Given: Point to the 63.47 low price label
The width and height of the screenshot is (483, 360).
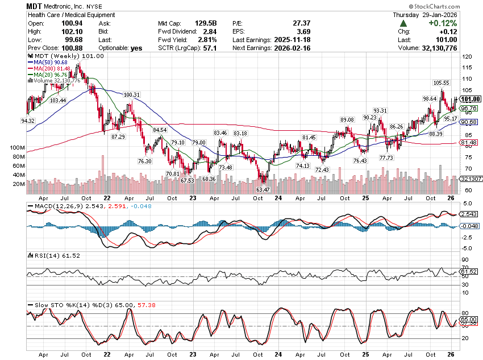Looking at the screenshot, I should (x=263, y=189).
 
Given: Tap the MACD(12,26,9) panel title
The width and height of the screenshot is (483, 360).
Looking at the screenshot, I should (x=55, y=205).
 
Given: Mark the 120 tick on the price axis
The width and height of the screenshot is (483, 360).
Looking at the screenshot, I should (x=467, y=57).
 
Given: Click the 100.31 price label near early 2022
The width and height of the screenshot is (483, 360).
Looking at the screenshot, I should (x=131, y=94).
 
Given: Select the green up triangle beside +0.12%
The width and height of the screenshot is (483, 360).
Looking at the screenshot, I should (x=403, y=23).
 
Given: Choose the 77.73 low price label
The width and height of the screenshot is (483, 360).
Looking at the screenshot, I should (x=386, y=158).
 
